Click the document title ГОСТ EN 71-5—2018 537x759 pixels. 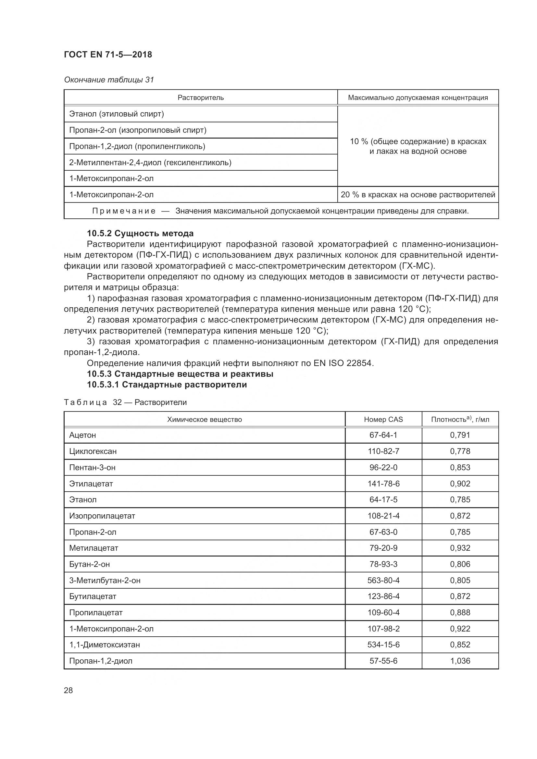pyautogui.click(x=108, y=55)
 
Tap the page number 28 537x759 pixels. pyautogui.click(x=68, y=690)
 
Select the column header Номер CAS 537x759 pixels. pyautogui.click(x=383, y=420)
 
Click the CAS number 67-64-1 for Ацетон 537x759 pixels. pyautogui.click(x=383, y=435)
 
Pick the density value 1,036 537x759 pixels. pyautogui.click(x=460, y=661)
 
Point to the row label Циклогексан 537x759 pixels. pyautogui.click(x=93, y=451)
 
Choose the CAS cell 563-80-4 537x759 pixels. pyautogui.click(x=383, y=580)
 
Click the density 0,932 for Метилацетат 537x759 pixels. pyautogui.click(x=460, y=548)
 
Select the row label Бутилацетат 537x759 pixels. pyautogui.click(x=93, y=596)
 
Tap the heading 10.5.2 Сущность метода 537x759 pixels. pyautogui.click(x=140, y=233)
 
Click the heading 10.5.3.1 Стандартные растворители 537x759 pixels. pyautogui.click(x=167, y=385)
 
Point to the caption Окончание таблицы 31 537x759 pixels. pyautogui.click(x=109, y=80)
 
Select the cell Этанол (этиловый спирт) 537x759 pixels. pyautogui.click(x=117, y=114)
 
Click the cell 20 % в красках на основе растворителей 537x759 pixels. pyautogui.click(x=418, y=195)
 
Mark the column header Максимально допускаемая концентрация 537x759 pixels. pyautogui.click(x=418, y=98)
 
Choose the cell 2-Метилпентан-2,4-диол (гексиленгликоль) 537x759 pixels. pyautogui.click(x=150, y=162)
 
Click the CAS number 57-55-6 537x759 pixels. pyautogui.click(x=383, y=661)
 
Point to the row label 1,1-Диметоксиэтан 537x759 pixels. pyautogui.click(x=105, y=645)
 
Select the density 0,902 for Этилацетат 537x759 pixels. pyautogui.click(x=460, y=484)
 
